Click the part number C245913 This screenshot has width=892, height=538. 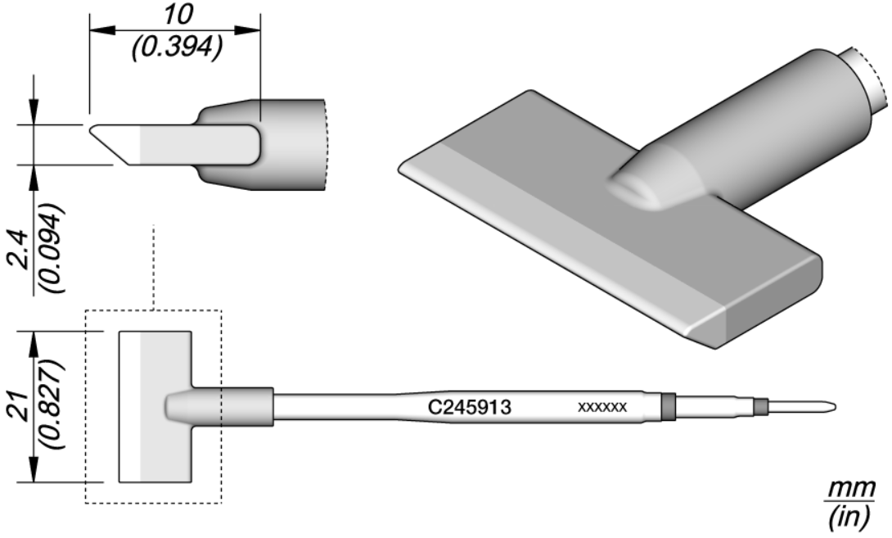click(471, 406)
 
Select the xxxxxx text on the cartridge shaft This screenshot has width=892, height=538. click(602, 407)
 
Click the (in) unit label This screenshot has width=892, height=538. click(858, 518)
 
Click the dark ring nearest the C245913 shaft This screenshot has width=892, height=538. click(667, 406)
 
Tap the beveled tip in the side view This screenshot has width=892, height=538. click(115, 144)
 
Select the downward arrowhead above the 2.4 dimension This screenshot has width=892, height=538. click(33, 115)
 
